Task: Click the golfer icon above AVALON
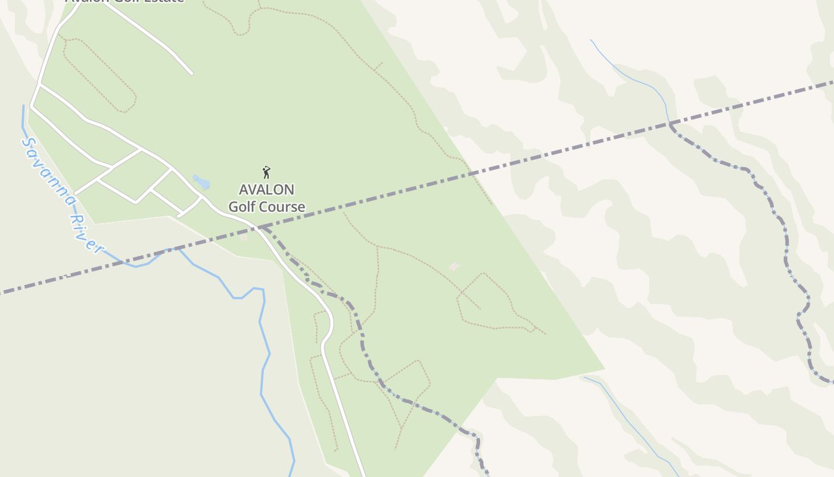[x=266, y=172]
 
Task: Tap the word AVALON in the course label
[x=266, y=190]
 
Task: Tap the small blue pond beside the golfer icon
[x=201, y=181]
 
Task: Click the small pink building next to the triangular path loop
[x=454, y=266]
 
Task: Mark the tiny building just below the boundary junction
[x=243, y=237]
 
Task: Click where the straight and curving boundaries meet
[x=261, y=227]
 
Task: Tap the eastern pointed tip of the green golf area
[x=603, y=368]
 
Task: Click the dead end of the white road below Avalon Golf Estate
[x=191, y=73]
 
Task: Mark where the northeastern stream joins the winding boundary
[x=670, y=123]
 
